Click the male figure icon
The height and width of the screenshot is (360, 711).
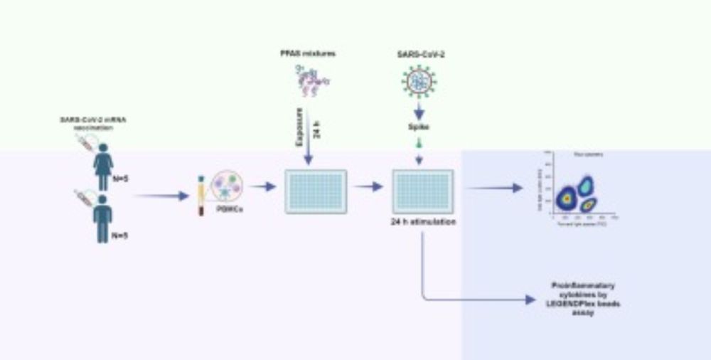[x=103, y=219]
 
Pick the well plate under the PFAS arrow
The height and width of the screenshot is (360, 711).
[x=316, y=191]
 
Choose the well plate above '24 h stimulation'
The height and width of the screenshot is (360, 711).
[x=423, y=191]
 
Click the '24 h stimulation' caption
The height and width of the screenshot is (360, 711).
[x=424, y=221]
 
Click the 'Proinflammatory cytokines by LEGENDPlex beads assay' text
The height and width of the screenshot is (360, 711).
[x=584, y=299]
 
